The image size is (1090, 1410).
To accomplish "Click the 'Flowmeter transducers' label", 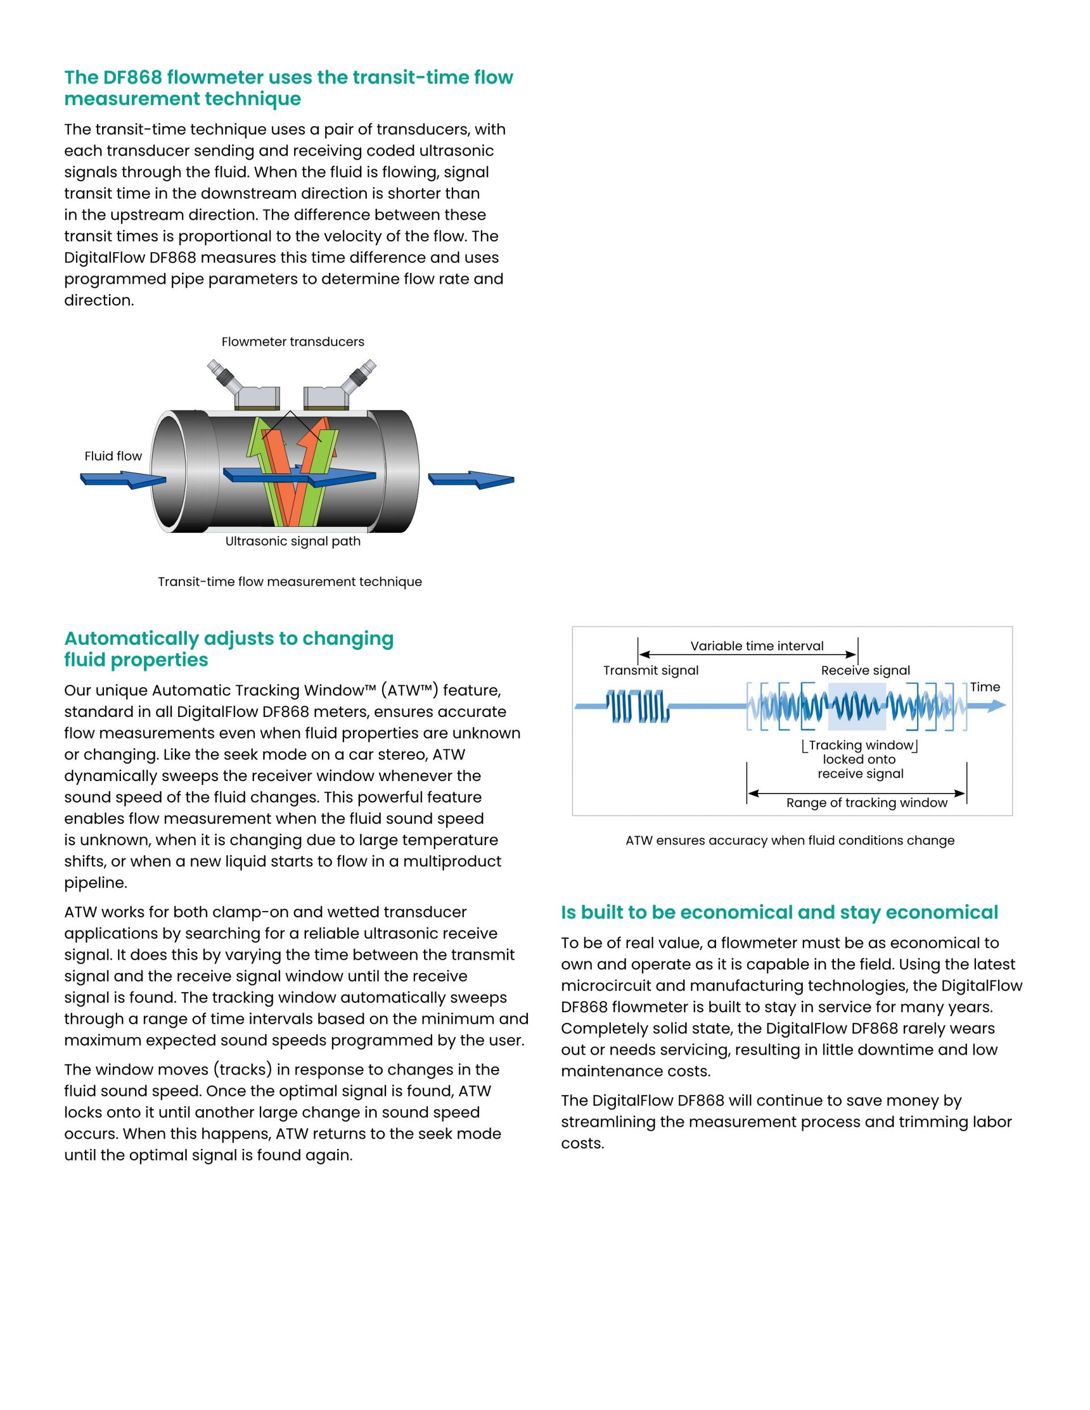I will tap(292, 342).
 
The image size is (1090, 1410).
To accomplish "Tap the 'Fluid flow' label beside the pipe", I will tap(113, 456).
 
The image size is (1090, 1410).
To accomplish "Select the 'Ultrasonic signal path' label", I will tap(292, 541).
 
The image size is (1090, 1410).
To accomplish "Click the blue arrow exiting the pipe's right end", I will tap(471, 479).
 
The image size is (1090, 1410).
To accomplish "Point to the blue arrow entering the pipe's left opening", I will tap(123, 480).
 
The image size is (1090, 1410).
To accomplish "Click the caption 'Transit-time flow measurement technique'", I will tap(290, 582).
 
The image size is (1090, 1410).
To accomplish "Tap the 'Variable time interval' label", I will tap(757, 645).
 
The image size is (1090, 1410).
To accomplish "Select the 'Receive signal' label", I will tap(865, 670).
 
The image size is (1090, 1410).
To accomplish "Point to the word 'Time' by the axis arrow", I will tap(985, 687).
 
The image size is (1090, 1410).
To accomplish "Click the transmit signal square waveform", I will tap(635, 706).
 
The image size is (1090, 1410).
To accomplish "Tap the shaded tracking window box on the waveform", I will tap(856, 706).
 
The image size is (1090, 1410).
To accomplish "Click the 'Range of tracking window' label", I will tap(866, 803).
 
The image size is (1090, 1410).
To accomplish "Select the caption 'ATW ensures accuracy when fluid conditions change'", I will tap(790, 841).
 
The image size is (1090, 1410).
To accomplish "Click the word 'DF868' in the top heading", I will tap(132, 77).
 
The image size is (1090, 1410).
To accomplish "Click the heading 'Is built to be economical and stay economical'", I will tap(779, 912).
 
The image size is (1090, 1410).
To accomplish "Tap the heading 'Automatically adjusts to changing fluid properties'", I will tap(229, 649).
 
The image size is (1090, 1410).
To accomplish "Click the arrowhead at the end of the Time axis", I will tap(997, 706).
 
